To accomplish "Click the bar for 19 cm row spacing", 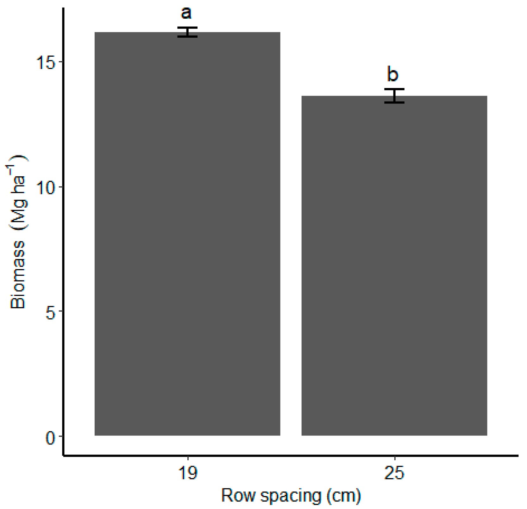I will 187,234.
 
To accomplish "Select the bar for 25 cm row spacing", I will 394,266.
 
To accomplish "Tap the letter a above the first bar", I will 186,13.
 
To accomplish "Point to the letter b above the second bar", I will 393,75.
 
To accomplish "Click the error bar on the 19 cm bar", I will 187,32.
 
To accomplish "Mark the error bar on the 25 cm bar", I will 394,96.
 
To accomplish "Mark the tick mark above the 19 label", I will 188,459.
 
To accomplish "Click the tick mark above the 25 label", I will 395,459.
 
